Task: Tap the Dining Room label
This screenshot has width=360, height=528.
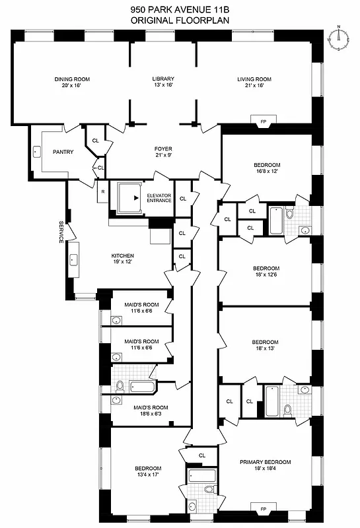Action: point(71,82)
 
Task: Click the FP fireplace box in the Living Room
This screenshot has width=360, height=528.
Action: point(263,121)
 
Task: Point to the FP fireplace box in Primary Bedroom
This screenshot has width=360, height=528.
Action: point(263,509)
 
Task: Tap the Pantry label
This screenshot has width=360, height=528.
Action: point(63,152)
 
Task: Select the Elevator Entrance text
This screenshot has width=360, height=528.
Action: point(159,197)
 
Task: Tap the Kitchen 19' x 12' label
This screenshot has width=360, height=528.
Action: point(123,259)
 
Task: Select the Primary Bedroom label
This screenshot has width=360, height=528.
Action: point(266,465)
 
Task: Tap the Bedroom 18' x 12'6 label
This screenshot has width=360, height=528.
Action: point(266,271)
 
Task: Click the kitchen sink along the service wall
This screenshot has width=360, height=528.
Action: point(73,259)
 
